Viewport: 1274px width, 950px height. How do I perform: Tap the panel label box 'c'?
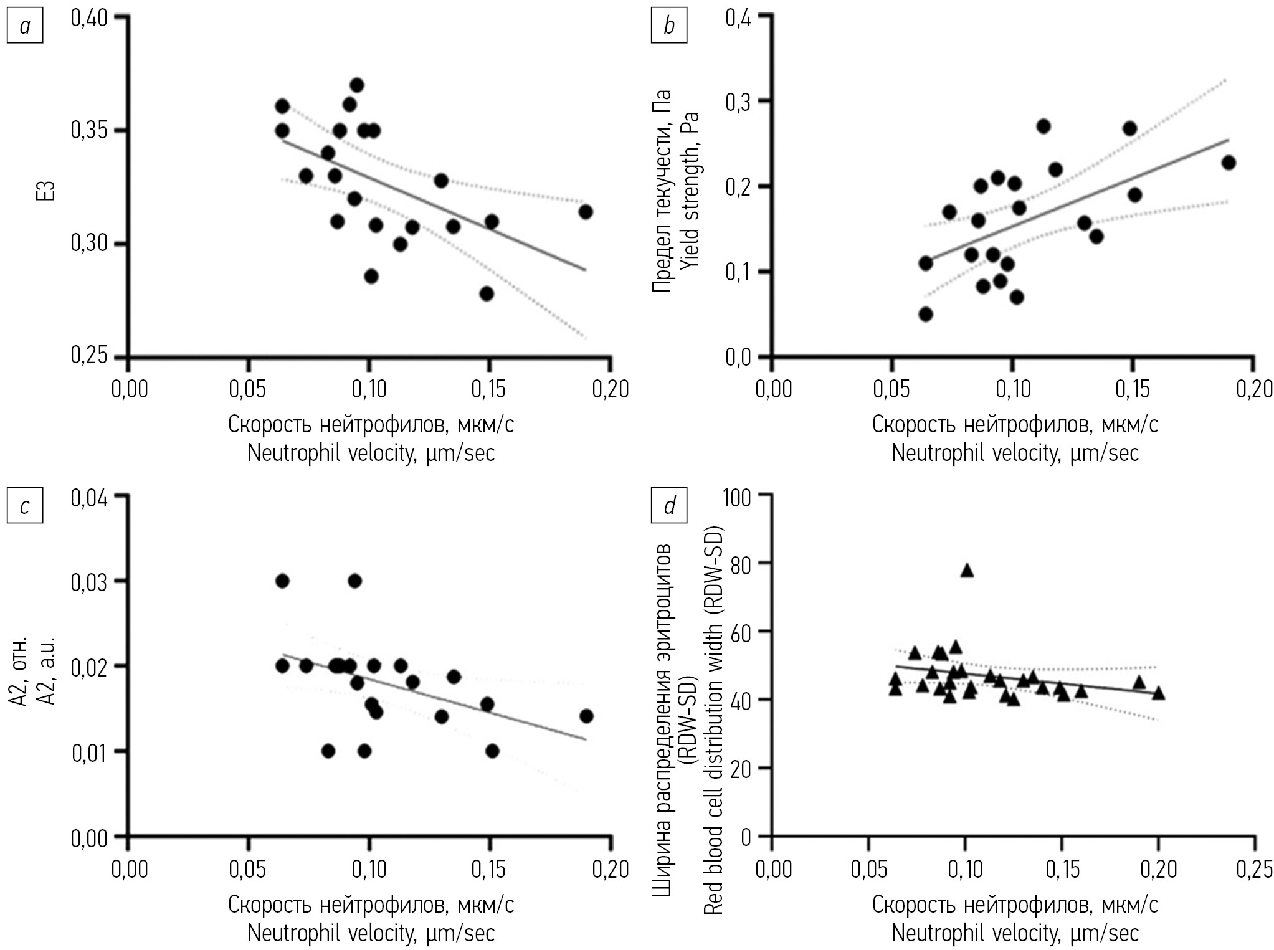point(24,506)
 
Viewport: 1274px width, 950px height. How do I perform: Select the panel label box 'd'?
point(668,506)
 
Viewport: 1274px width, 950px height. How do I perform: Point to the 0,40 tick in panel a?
point(89,18)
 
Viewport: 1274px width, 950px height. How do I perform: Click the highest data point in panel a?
point(356,85)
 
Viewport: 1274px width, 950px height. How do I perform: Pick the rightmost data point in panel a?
point(585,212)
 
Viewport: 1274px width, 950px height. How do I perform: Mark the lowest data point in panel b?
point(926,314)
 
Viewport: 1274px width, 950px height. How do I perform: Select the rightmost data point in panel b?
point(1228,163)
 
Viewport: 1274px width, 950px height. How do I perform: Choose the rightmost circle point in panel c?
point(586,716)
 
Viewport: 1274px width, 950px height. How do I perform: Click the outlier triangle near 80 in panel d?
point(966,570)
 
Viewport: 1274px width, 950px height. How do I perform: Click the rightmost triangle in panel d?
point(1158,693)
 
